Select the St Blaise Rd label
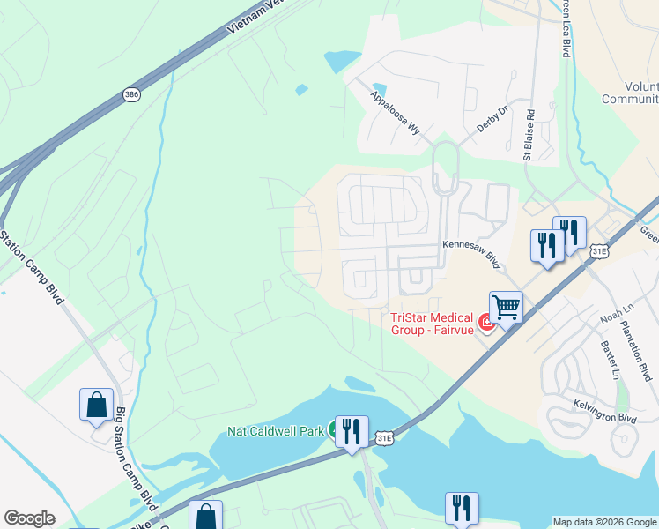[529, 135]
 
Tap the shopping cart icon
[506, 308]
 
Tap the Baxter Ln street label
[611, 361]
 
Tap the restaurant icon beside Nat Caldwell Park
[352, 431]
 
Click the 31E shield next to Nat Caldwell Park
[382, 437]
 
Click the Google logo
[29, 518]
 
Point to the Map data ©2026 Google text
[604, 522]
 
